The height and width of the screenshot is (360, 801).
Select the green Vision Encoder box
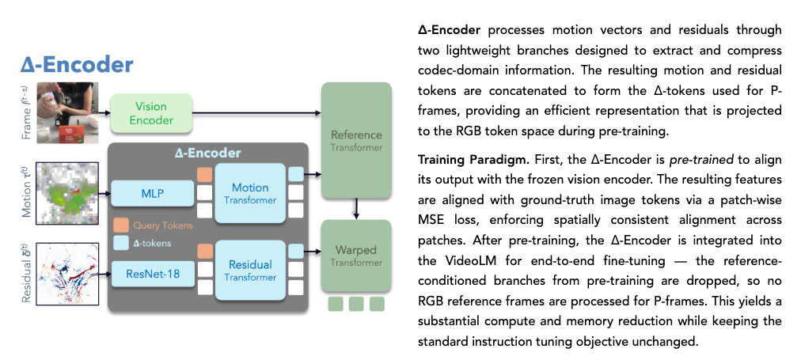pyautogui.click(x=150, y=113)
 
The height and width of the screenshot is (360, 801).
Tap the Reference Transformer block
pyautogui.click(x=355, y=141)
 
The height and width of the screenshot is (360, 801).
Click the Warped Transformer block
pyautogui.click(x=355, y=256)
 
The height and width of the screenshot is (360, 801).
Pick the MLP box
pyautogui.click(x=151, y=192)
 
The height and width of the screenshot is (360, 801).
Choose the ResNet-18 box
pyautogui.click(x=151, y=273)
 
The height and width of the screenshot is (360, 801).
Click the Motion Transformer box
pyautogui.click(x=249, y=193)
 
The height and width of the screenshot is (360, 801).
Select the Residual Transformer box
pyautogui.click(x=249, y=270)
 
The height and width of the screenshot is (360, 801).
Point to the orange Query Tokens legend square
pyautogui.click(x=120, y=225)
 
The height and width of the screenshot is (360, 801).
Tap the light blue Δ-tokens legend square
pyautogui.click(x=120, y=243)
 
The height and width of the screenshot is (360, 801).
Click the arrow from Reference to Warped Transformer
pyautogui.click(x=356, y=207)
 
